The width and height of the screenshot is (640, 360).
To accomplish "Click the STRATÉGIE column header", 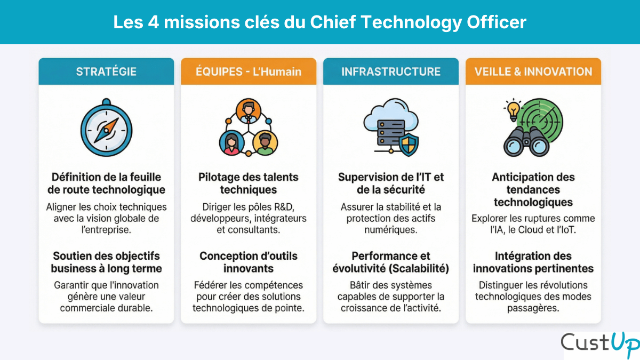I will tap(106, 71).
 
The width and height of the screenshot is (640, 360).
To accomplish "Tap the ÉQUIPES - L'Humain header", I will tap(249, 71).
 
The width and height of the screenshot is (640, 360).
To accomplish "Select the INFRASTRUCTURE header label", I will tap(391, 71).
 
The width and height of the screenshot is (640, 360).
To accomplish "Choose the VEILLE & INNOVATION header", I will tap(533, 71).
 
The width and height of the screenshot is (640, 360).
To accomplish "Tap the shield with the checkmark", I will tap(409, 144).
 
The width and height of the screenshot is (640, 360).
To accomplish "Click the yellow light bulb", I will tap(513, 110).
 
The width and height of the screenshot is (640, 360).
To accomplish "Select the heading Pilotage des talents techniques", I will tap(249, 183).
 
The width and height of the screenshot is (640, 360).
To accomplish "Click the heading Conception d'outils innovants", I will tap(249, 262).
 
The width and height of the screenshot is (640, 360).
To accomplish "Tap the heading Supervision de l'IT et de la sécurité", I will tap(391, 183).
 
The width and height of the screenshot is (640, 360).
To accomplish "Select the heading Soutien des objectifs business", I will tap(106, 262).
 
